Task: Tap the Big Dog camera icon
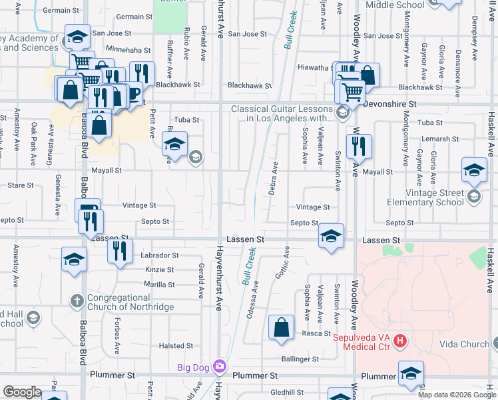[x=221, y=367]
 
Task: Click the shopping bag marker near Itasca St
[x=281, y=327]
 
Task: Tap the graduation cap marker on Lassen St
[x=331, y=235]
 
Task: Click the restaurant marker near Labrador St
[x=120, y=251]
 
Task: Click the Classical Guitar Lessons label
[x=282, y=113]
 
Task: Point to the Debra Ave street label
[x=273, y=177]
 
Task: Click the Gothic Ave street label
[x=283, y=263]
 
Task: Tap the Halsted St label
[x=176, y=346]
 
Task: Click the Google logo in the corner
[x=22, y=392]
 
